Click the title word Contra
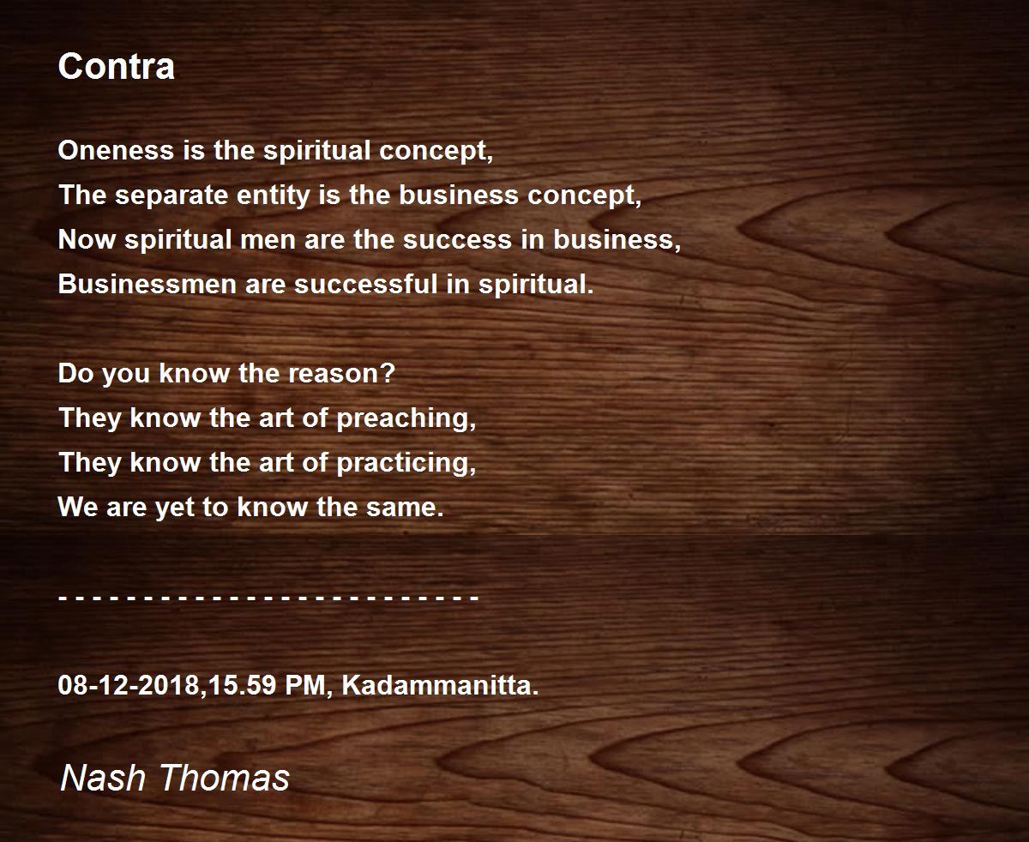pyautogui.click(x=116, y=66)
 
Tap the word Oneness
pyautogui.click(x=116, y=150)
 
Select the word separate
pyautogui.click(x=171, y=195)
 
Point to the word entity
pyautogui.click(x=274, y=196)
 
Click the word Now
pyautogui.click(x=87, y=240)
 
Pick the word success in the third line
pyautogui.click(x=457, y=240)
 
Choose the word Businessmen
pyautogui.click(x=147, y=284)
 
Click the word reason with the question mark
pyautogui.click(x=341, y=374)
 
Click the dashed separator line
pyautogui.click(x=268, y=597)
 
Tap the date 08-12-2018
pyautogui.click(x=129, y=685)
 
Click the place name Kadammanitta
pyautogui.click(x=440, y=685)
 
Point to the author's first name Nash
pyautogui.click(x=103, y=778)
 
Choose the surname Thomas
pyautogui.click(x=225, y=778)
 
